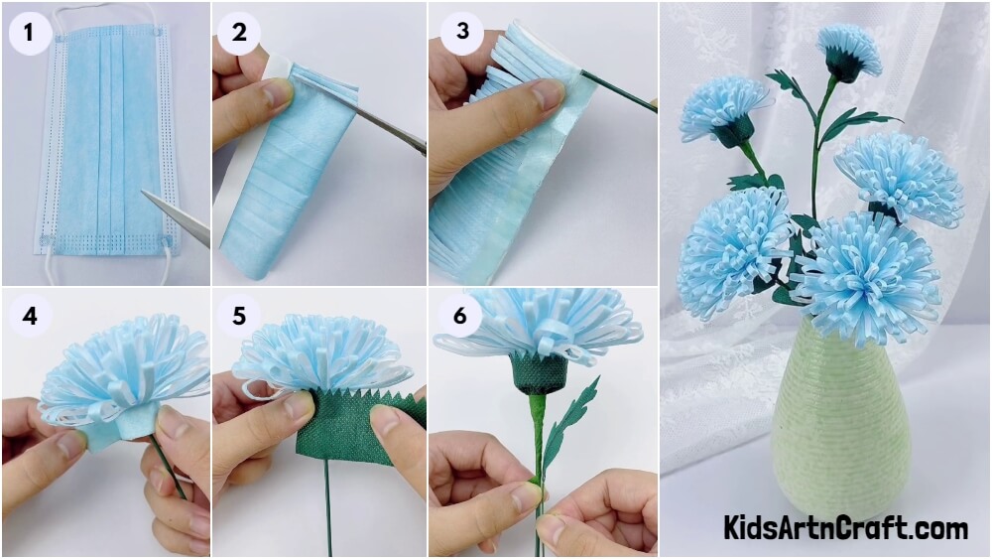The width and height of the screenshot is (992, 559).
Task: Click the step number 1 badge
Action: [x=30, y=32]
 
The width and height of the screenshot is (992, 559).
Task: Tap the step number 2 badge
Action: [x=239, y=32]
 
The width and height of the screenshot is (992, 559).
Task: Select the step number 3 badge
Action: [x=462, y=32]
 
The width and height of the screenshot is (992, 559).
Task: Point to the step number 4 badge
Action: [x=30, y=316]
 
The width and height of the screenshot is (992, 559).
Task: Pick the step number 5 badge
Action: [x=239, y=316]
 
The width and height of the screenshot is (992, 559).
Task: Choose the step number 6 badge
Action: [x=460, y=316]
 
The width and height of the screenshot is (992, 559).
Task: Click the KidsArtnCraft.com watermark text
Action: [x=845, y=527]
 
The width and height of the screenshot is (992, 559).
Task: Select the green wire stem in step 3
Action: [x=617, y=91]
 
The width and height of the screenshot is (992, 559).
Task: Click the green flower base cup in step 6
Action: [x=538, y=373]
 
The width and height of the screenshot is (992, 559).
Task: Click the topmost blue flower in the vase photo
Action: [x=848, y=52]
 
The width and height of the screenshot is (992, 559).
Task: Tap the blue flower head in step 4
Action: [x=123, y=373]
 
